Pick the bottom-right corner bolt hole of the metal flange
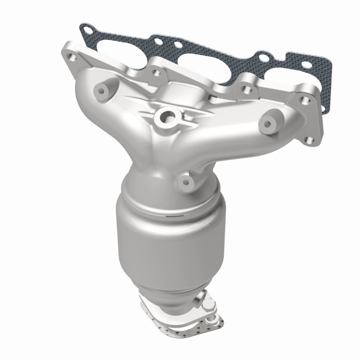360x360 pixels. click(309, 140)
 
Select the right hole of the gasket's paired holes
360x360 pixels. click(177, 45)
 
